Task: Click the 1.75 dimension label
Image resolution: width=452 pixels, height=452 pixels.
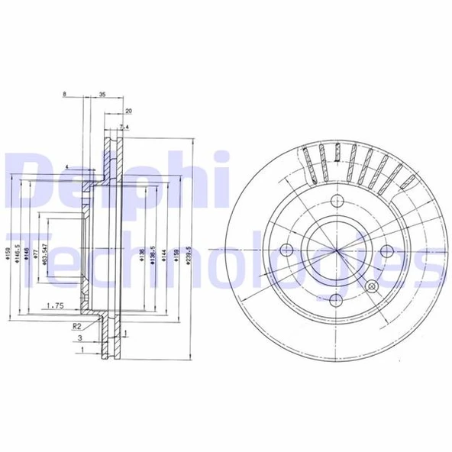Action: pos(53,305)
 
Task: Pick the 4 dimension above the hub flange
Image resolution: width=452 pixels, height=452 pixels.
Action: pos(67,166)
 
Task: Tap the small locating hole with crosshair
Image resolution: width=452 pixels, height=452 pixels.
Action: pos(372,286)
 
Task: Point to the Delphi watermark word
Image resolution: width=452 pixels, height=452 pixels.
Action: pos(115,179)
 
